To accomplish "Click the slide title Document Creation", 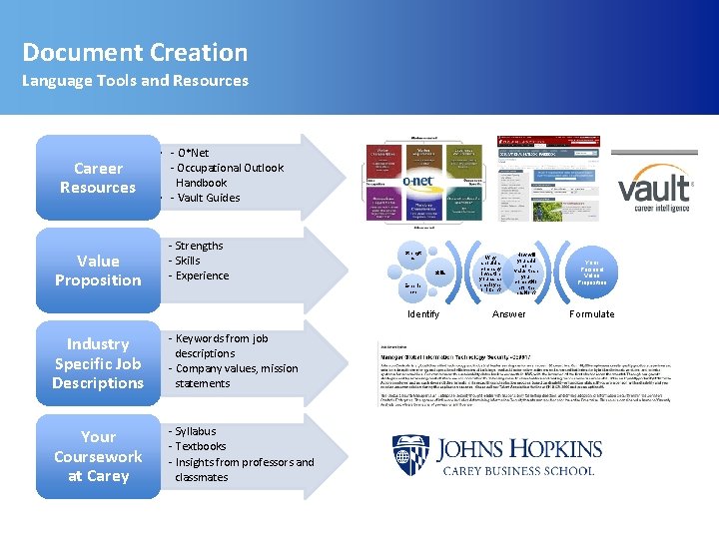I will [x=135, y=52].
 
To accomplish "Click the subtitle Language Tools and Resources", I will [x=135, y=81].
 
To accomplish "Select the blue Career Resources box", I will [x=98, y=178].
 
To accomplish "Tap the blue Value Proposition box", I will [x=98, y=270].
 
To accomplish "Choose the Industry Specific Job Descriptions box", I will [x=98, y=363].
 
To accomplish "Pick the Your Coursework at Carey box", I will [x=98, y=456].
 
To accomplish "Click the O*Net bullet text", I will [x=193, y=153].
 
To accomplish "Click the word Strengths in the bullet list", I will [x=199, y=246].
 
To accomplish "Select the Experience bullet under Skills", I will [x=202, y=275].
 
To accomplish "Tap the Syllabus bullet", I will [x=195, y=431].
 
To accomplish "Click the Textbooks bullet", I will [x=200, y=446].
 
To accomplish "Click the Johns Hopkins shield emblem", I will [x=410, y=454].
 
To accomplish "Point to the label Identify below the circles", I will [x=423, y=313].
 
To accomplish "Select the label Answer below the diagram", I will [x=509, y=313].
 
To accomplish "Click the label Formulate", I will [x=592, y=313].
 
